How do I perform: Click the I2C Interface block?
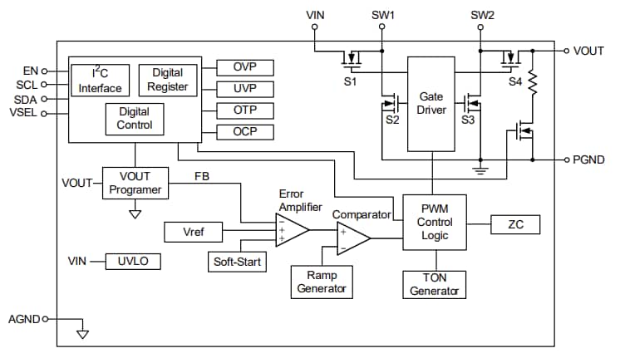(x=100, y=81)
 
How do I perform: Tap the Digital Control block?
(x=134, y=118)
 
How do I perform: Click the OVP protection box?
(x=244, y=67)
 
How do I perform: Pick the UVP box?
(x=244, y=89)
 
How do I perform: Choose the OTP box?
(x=244, y=110)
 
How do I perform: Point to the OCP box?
(x=244, y=132)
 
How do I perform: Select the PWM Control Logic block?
(x=435, y=223)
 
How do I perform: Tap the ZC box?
(x=514, y=224)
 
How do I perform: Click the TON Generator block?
(x=434, y=284)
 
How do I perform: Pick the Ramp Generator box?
(x=322, y=282)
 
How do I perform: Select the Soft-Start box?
(x=236, y=262)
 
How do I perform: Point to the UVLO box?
(x=132, y=262)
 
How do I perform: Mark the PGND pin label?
(x=589, y=159)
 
